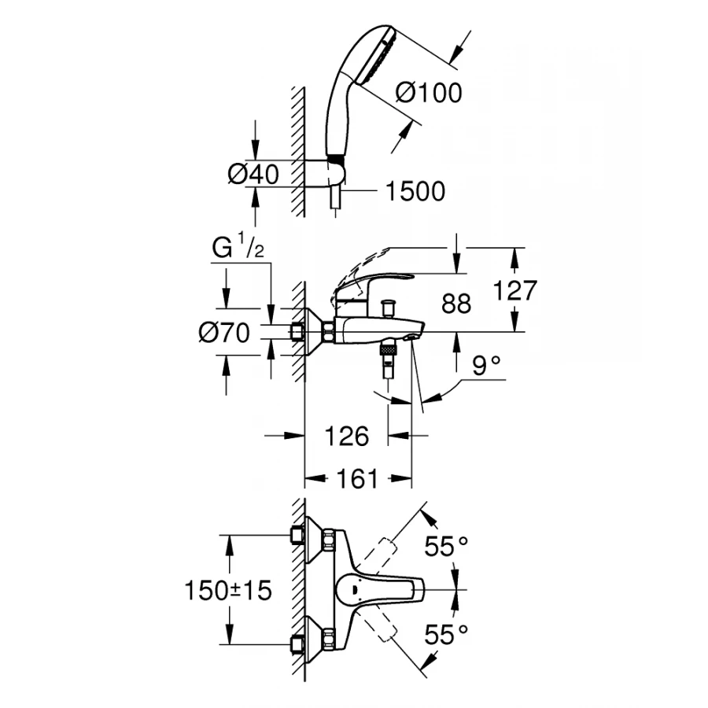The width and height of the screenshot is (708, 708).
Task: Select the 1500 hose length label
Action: (x=416, y=190)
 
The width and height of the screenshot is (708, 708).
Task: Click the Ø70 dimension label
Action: (x=224, y=333)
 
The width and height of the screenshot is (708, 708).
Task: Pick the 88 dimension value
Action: (x=456, y=304)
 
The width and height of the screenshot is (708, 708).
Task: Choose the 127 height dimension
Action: (x=514, y=291)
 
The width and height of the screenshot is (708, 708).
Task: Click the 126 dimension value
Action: (x=347, y=436)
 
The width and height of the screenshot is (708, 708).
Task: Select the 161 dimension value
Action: (x=358, y=478)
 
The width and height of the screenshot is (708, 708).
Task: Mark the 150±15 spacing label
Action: (x=227, y=590)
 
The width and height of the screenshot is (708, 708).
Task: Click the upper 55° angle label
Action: (x=446, y=545)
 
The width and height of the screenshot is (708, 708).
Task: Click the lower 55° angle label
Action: (x=446, y=634)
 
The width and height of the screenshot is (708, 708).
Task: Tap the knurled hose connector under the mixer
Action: (x=387, y=349)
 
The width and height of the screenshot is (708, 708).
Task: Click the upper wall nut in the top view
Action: (x=297, y=536)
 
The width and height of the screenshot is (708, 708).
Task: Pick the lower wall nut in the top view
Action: (x=297, y=645)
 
